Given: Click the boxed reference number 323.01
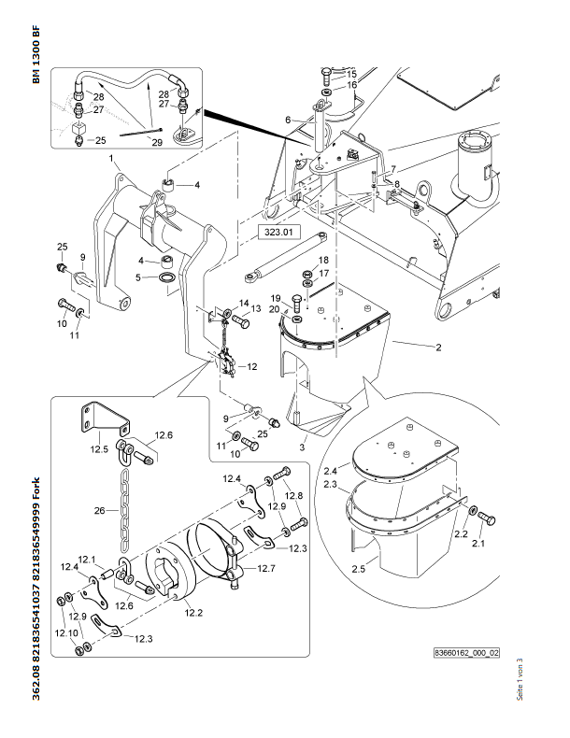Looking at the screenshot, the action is tap(278, 232).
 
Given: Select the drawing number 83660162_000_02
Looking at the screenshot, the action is tap(466, 653).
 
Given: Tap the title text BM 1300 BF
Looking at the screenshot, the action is tap(36, 54).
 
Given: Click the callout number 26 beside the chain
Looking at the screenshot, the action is tap(99, 510).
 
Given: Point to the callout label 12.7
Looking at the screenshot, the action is tap(266, 568).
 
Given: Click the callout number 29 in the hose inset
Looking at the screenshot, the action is tap(157, 142).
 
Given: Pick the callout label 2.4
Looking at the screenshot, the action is tap(331, 471).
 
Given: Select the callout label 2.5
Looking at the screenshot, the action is tap(358, 569).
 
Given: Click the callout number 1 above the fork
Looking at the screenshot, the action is tap(111, 158).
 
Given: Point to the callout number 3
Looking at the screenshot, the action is tap(302, 447).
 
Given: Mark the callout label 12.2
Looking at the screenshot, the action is tap(193, 613).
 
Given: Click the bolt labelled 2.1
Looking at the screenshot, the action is tap(487, 518).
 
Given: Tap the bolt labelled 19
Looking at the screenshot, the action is tap(297, 303).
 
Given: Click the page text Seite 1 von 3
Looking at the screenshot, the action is tap(520, 679).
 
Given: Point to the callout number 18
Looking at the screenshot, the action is tap(323, 260).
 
